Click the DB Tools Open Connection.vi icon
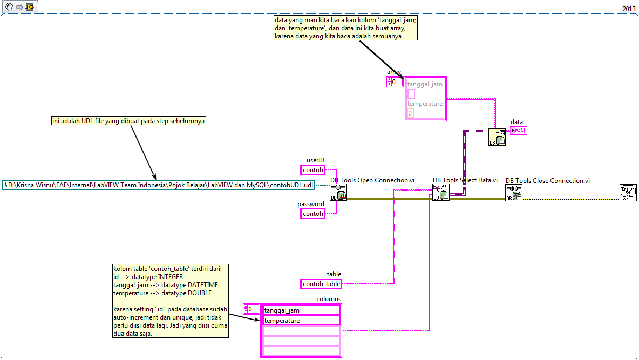(x=338, y=193)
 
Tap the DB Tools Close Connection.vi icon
(x=513, y=193)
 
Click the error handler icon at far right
(x=628, y=193)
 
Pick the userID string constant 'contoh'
(x=313, y=170)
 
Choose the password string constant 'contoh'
(x=313, y=214)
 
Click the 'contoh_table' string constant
(x=321, y=284)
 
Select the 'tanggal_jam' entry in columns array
(x=301, y=310)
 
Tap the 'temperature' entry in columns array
(x=301, y=321)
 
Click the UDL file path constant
(x=158, y=185)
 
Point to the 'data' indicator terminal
(x=519, y=130)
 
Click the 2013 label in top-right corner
(x=629, y=9)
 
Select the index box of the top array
(x=397, y=82)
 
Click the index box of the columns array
(x=253, y=309)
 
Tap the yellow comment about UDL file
(x=129, y=121)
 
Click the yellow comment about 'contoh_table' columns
(x=169, y=301)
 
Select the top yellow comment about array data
(x=345, y=28)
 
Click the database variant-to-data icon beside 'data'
(x=497, y=137)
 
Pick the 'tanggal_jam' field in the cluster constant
(x=425, y=84)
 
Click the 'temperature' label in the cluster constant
(x=425, y=104)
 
